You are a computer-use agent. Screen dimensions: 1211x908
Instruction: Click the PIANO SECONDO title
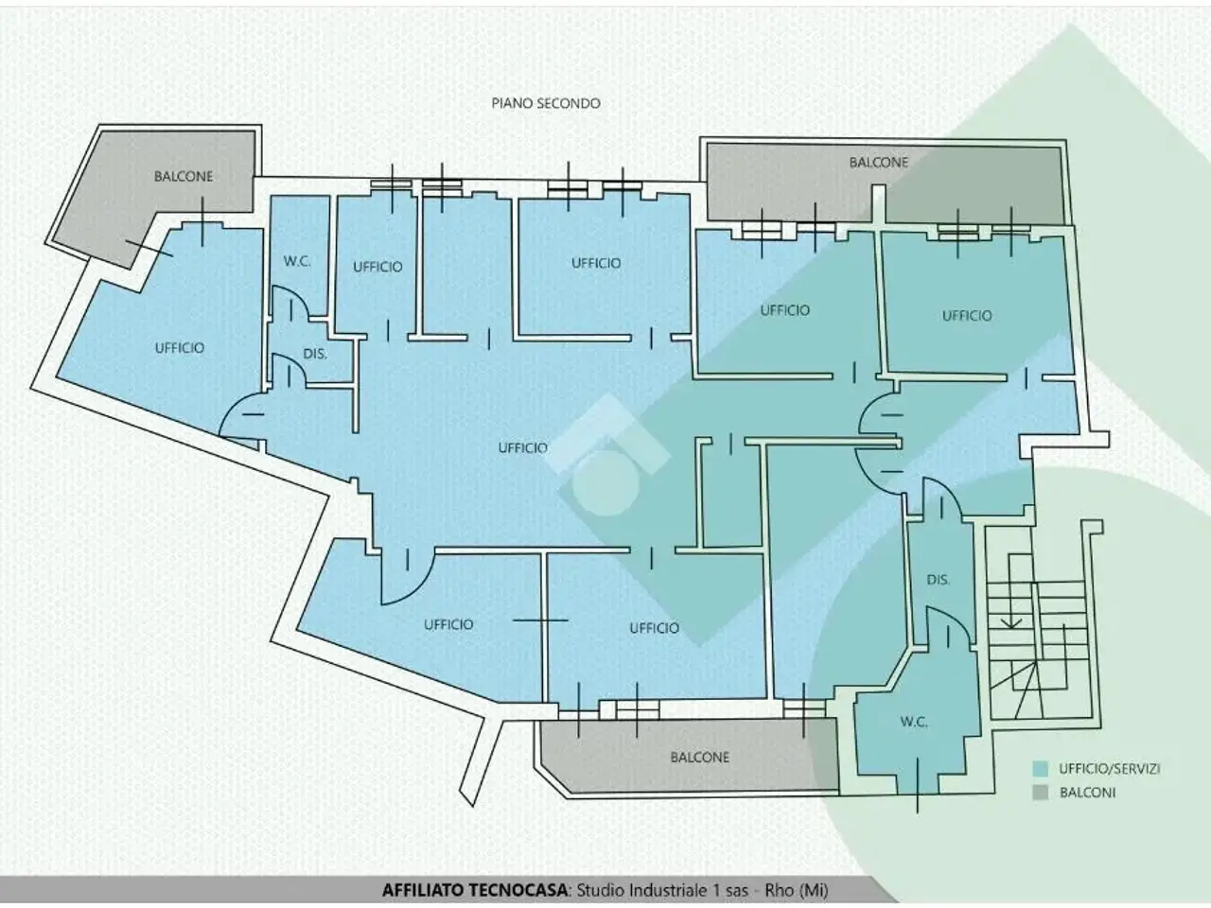pos(546,103)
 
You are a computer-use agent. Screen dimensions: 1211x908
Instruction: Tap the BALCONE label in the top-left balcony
pos(184,177)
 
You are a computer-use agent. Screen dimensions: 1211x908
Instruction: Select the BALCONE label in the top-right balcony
pos(878,162)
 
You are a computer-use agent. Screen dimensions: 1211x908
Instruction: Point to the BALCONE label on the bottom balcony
pos(699,758)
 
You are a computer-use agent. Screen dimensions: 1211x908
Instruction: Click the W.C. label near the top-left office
pos(297,261)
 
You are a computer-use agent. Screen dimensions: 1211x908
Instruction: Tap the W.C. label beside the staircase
pos(914,722)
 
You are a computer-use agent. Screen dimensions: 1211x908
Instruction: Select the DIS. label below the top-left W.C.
pos(315,354)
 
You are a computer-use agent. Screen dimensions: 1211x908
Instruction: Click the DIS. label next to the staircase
pos(938,580)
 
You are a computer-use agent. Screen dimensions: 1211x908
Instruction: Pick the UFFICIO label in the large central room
pos(522,447)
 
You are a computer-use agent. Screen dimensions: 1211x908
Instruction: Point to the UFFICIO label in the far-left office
pos(180,348)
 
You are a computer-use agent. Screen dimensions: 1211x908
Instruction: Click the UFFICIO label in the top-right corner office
pos(967,315)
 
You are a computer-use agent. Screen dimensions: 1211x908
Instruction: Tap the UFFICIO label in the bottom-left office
pos(448,624)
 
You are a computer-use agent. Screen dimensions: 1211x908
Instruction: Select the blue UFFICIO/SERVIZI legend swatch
pos(1040,769)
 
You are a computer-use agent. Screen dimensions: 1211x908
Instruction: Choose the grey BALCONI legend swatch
pos(1040,793)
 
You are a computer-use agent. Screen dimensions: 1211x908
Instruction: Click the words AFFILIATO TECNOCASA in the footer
pos(475,890)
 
